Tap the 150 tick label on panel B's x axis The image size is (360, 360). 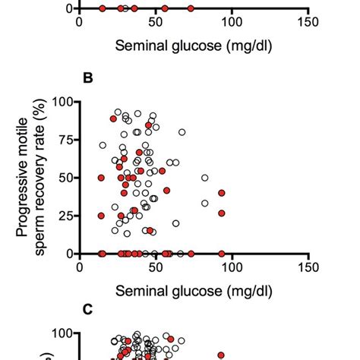(x=308, y=267)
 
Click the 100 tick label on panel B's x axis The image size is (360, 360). (x=232, y=267)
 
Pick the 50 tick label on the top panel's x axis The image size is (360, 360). (x=156, y=22)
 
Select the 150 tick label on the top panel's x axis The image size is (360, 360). (x=308, y=22)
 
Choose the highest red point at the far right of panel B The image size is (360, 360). (x=222, y=193)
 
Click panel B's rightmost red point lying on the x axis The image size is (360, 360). (x=222, y=253)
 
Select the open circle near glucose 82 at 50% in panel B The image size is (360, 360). (x=205, y=178)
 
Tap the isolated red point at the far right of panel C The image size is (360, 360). (x=222, y=355)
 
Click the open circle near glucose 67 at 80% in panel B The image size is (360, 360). (x=182, y=132)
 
